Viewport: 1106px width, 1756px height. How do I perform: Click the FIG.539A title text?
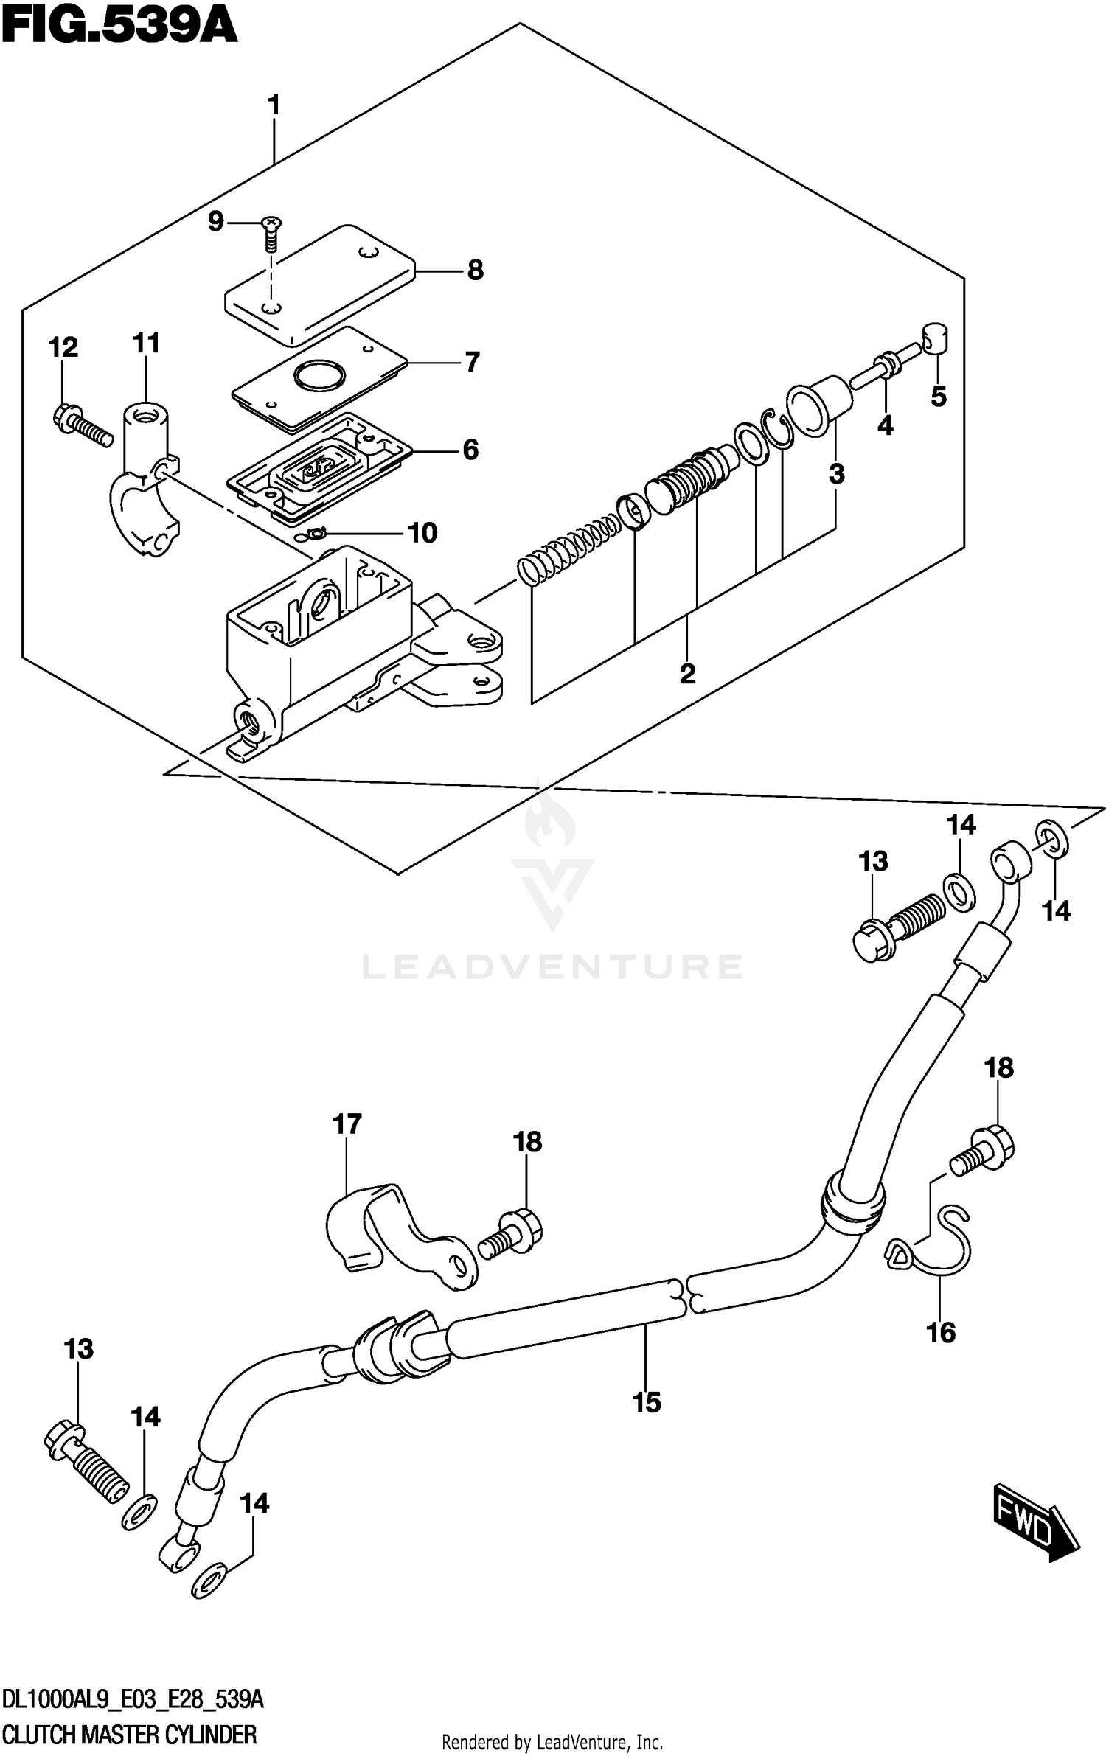(x=119, y=29)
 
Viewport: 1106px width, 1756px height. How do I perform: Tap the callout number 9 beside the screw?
(x=215, y=221)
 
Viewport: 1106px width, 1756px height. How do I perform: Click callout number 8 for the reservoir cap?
(x=476, y=271)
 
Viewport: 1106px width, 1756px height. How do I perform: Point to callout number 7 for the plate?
(x=472, y=362)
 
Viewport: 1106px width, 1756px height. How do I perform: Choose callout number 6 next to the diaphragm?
(x=470, y=450)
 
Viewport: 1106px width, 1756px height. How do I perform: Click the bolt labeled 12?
(x=83, y=427)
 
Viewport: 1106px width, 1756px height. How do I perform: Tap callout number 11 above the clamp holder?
(x=146, y=344)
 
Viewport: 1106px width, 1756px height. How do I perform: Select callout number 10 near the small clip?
(x=422, y=533)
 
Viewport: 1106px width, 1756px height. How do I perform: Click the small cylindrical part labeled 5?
(x=935, y=338)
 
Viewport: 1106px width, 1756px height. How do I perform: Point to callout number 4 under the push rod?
(x=885, y=425)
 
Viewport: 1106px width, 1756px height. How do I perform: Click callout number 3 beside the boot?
(x=836, y=475)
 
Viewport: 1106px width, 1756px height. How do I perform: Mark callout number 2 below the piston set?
(x=687, y=673)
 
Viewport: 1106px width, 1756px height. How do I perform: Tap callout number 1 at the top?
(x=274, y=106)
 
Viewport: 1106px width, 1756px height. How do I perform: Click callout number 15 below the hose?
(x=646, y=1403)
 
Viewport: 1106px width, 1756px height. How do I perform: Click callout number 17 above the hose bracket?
(x=347, y=1124)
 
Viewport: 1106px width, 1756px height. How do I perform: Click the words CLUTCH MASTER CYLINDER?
(x=129, y=1735)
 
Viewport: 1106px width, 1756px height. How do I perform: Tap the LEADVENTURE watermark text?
(x=552, y=966)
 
